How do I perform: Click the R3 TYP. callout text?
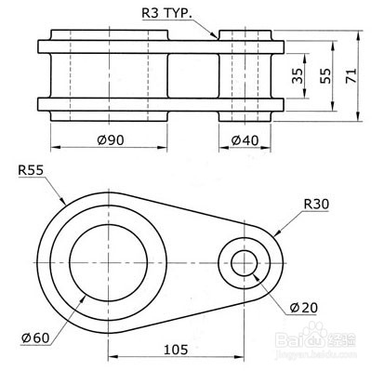166,13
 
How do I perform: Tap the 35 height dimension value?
298,75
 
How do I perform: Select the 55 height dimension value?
325,75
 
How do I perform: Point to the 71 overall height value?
351,75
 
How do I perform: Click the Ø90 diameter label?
111,140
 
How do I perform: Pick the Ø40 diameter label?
245,140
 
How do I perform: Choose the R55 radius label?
31,170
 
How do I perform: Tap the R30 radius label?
316,205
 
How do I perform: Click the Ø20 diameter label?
304,308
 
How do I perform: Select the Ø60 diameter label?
35,338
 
